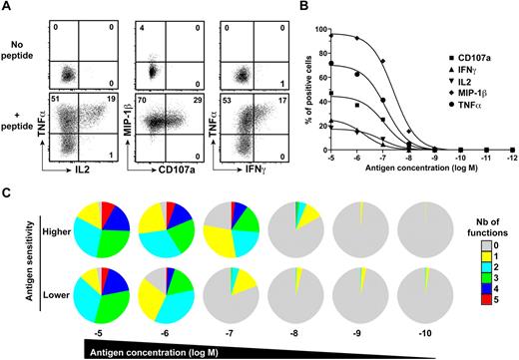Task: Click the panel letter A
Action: tap(8, 8)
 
